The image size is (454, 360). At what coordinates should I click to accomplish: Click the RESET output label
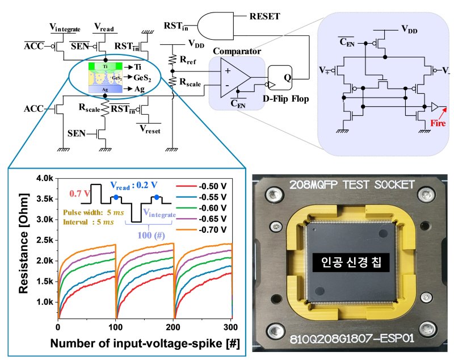264,16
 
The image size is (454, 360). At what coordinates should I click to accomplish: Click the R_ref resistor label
187,58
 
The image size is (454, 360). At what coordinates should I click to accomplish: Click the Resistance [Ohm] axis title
22,250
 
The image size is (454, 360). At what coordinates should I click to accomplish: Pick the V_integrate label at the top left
65,28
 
